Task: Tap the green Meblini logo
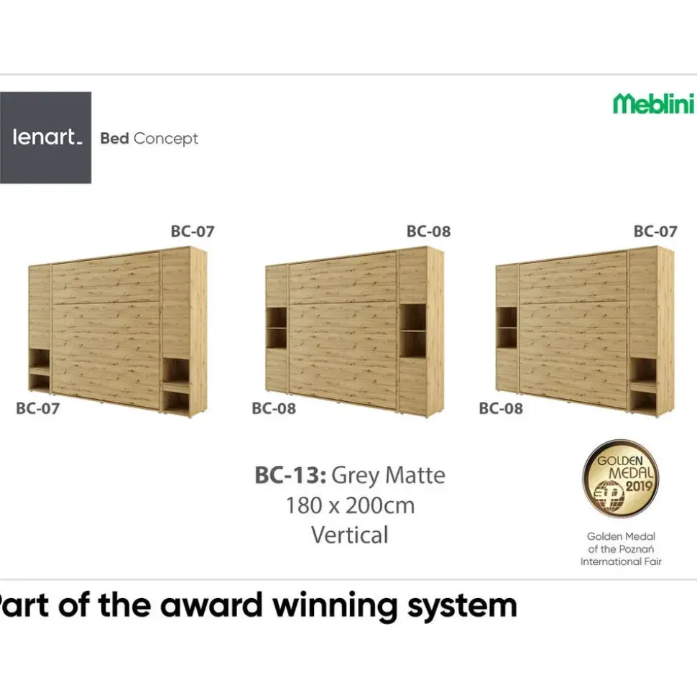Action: (x=654, y=104)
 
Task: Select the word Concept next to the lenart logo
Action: (x=165, y=139)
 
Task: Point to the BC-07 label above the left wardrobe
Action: (x=193, y=231)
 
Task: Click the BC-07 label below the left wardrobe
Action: (x=37, y=408)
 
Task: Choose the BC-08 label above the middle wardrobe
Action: (x=428, y=231)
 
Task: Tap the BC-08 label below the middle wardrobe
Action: (x=273, y=408)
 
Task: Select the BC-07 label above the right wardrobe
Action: (x=655, y=231)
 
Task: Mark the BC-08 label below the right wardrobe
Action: (x=501, y=408)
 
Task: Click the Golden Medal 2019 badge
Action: (x=620, y=479)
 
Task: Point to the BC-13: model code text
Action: (x=290, y=475)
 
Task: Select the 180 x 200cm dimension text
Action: (x=350, y=505)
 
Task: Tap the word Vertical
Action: (x=350, y=535)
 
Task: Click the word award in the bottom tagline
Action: (x=211, y=606)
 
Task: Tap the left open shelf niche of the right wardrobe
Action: (x=507, y=328)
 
